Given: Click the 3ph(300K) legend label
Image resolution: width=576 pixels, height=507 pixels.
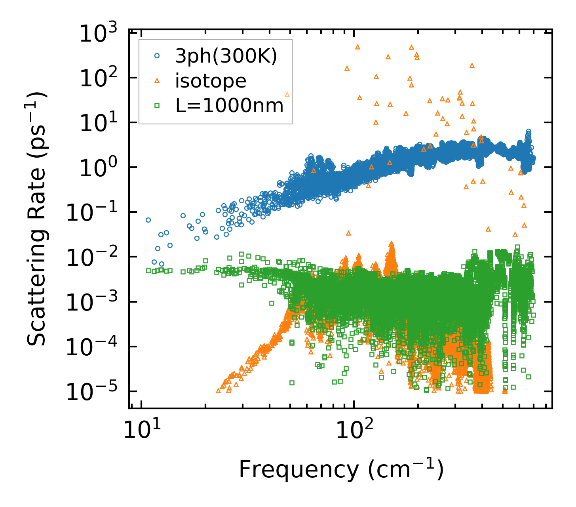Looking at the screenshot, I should (x=226, y=57).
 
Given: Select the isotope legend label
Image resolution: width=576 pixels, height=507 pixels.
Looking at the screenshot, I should (x=211, y=81).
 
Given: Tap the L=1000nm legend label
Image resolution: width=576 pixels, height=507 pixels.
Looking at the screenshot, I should (x=230, y=106).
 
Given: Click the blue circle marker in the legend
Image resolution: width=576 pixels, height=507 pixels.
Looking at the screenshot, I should (x=157, y=56).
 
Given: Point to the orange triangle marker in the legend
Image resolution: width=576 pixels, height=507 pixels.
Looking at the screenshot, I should (x=157, y=81).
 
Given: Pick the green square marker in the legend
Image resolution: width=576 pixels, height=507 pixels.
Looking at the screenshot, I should (x=157, y=106).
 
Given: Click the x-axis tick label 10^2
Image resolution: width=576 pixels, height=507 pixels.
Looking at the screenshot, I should (x=354, y=430).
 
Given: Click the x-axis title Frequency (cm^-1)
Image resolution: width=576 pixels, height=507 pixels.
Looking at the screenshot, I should (x=341, y=470).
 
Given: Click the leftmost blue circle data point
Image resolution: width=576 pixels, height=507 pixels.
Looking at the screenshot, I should (x=148, y=220).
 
